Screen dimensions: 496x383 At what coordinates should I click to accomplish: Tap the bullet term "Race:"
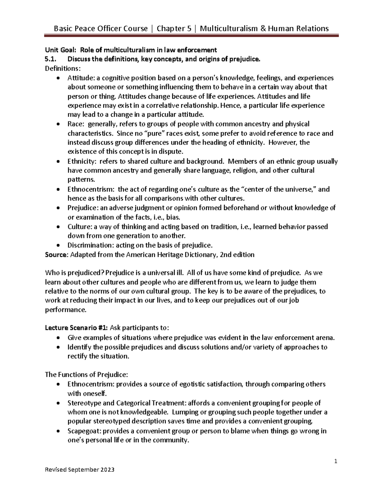[x=75, y=124]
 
